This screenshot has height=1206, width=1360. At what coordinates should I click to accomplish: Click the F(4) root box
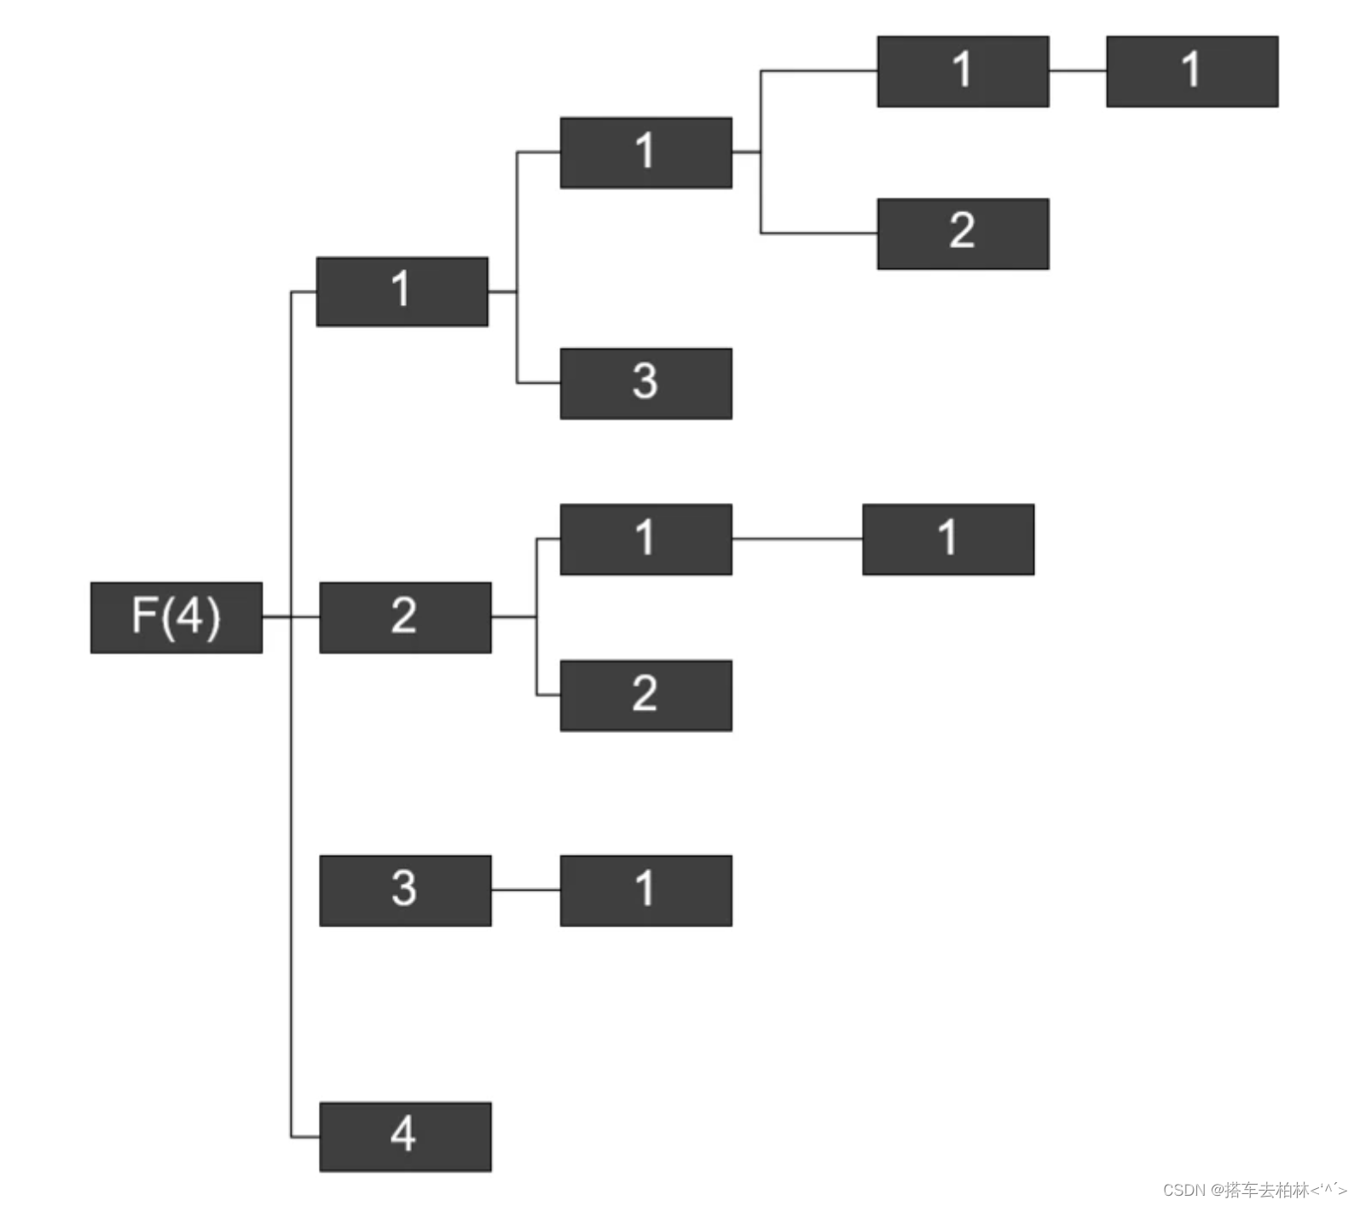(177, 617)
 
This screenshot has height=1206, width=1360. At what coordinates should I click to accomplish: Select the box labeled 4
(405, 1136)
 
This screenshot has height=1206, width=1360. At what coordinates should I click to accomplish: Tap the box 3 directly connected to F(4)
(405, 890)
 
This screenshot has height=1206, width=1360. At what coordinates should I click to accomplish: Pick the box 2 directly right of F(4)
(405, 617)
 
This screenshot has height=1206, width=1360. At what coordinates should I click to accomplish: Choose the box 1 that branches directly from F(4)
(402, 291)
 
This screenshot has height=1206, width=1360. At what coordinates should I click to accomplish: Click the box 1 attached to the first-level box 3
(645, 890)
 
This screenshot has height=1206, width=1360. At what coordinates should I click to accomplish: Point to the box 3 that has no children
(645, 384)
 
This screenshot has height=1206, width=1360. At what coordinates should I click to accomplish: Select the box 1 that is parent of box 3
(402, 291)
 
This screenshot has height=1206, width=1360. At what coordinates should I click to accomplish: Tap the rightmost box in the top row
(1191, 71)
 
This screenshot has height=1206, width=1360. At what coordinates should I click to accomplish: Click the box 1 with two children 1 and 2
(645, 153)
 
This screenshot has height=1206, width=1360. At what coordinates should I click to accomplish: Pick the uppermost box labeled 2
(963, 234)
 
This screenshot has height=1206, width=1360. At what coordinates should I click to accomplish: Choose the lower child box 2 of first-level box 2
(645, 695)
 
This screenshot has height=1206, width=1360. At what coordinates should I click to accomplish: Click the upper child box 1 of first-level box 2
(645, 539)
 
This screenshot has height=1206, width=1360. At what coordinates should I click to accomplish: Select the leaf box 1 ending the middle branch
(948, 539)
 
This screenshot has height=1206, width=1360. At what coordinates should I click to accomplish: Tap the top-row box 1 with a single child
(963, 71)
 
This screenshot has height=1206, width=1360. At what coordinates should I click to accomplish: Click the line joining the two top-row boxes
(1078, 71)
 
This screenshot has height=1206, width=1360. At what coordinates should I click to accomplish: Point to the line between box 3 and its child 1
(525, 890)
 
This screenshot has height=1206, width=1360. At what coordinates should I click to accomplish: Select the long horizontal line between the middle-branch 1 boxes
(797, 539)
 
